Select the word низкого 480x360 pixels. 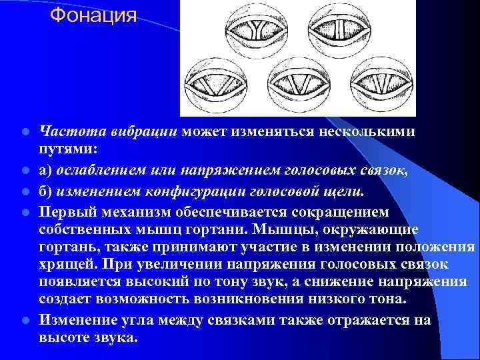click(328, 300)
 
